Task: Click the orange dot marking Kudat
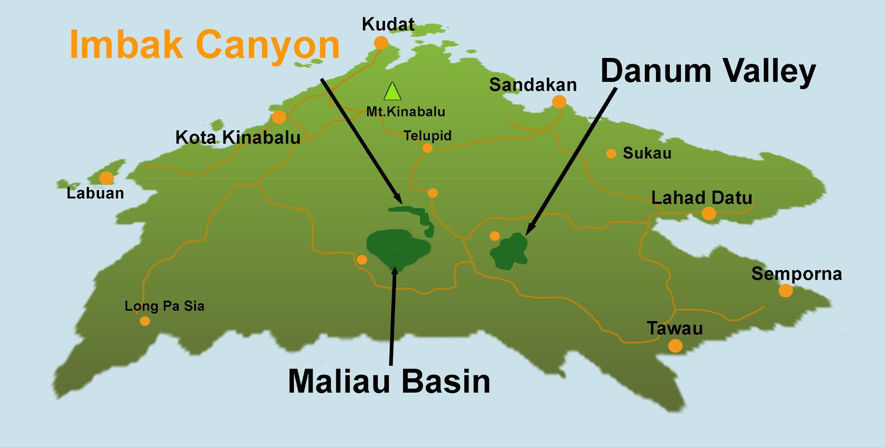(x=381, y=43)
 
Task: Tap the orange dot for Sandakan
(x=559, y=102)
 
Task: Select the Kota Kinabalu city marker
(x=279, y=117)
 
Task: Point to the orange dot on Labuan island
(x=106, y=178)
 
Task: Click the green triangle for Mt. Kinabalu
(x=392, y=92)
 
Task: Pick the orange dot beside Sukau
(x=611, y=154)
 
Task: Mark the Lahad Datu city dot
(x=709, y=213)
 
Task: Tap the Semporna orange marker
(x=785, y=291)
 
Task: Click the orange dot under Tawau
(x=675, y=346)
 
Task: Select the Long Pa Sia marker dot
(x=145, y=321)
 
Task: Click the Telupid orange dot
(x=427, y=148)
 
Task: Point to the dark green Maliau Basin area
(x=395, y=247)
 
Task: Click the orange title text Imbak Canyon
(x=205, y=45)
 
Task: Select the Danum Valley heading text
(x=708, y=72)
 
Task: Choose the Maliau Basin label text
(x=389, y=381)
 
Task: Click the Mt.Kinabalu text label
(x=405, y=112)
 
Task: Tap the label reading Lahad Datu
(x=701, y=197)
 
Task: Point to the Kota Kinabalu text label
(x=238, y=137)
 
